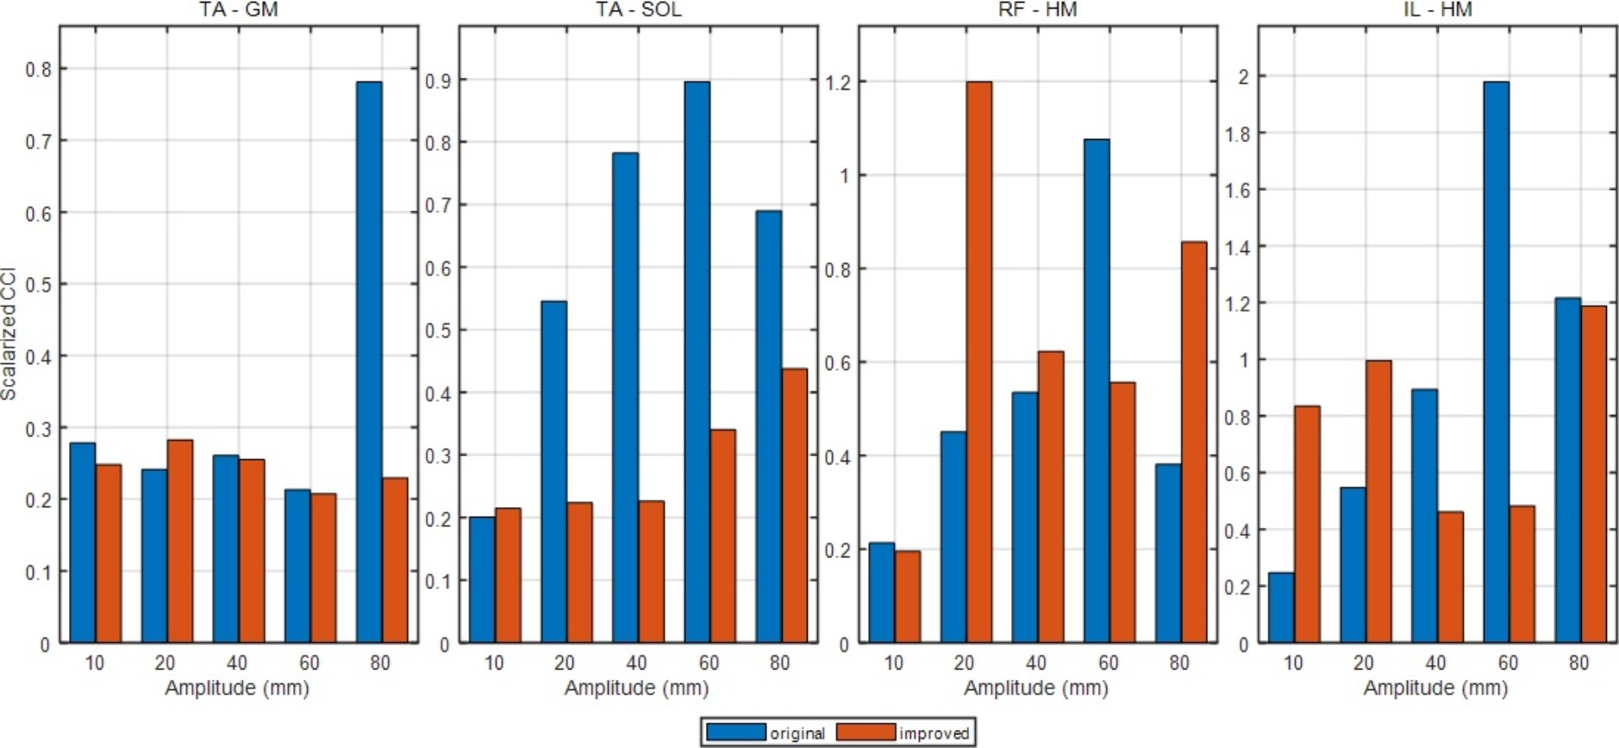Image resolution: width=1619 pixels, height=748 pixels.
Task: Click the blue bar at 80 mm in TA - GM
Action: (369, 362)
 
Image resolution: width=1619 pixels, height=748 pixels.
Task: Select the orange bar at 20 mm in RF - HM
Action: (978, 362)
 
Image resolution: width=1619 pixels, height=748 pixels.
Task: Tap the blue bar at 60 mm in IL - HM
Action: (1496, 362)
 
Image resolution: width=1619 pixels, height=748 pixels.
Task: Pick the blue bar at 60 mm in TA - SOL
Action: (697, 362)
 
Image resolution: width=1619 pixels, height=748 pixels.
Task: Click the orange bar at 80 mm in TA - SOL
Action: (794, 506)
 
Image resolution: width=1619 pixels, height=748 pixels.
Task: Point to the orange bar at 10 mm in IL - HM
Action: (1307, 525)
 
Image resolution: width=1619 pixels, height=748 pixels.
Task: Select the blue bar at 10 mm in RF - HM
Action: (881, 593)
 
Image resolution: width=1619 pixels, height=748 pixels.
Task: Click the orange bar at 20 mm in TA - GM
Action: (179, 542)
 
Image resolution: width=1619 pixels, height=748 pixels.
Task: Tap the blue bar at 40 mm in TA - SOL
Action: (625, 398)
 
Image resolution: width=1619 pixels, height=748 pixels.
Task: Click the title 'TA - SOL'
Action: (638, 10)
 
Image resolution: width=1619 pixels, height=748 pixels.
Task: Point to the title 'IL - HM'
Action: (1436, 10)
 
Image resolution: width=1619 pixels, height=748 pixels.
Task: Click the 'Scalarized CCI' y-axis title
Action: (9, 333)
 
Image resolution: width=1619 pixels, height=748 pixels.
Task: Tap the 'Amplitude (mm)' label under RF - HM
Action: (1036, 688)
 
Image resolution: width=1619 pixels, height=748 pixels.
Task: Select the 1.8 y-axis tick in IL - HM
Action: (1237, 134)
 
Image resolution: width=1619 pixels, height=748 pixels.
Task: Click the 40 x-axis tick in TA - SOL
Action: (636, 663)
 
